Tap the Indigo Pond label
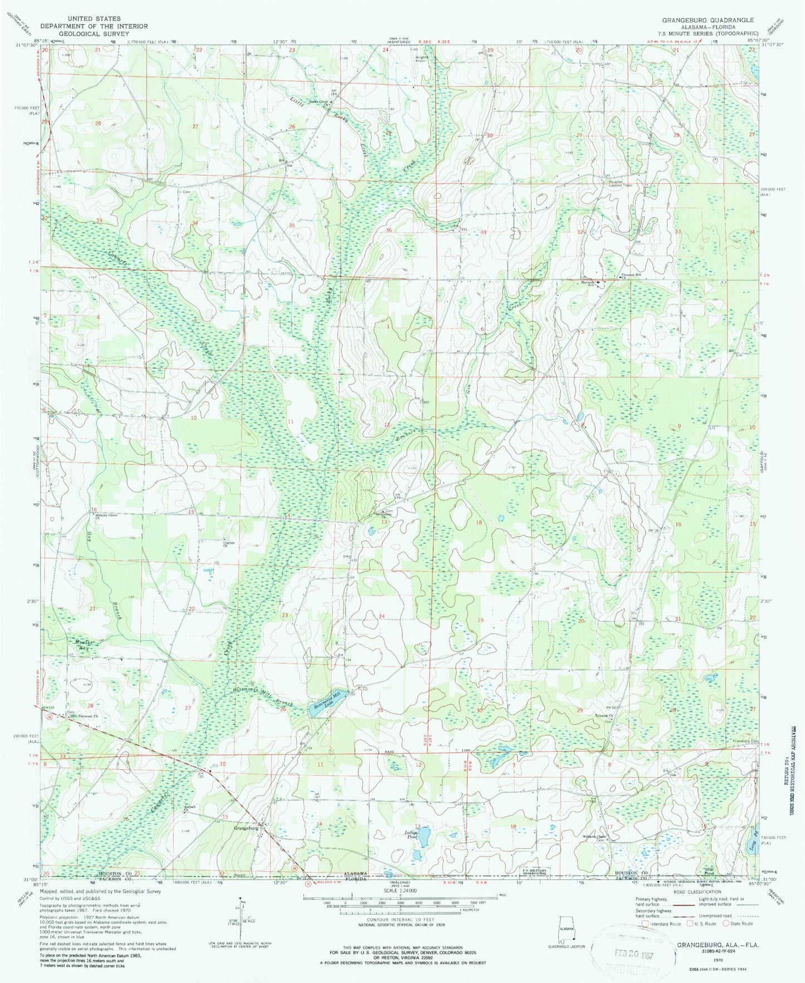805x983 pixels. pos(411,834)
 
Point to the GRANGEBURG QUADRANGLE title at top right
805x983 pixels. pos(708,20)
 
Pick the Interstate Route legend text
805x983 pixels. pos(664,923)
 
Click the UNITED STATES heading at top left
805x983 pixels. pos(93,19)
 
